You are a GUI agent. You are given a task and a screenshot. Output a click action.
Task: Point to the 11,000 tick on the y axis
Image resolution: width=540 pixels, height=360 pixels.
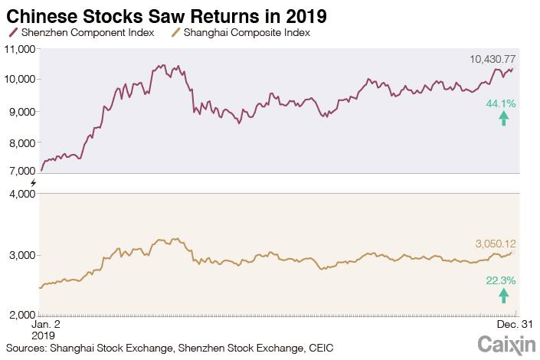21,48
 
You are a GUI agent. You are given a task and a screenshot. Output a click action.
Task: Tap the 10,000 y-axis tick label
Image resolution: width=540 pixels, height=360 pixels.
21,80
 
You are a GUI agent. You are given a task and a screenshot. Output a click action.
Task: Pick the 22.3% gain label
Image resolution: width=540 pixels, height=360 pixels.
500,281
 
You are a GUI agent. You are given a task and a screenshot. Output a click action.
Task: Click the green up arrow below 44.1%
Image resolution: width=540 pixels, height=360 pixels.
503,118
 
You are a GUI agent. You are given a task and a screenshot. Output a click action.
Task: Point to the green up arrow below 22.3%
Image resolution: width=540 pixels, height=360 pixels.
503,296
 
